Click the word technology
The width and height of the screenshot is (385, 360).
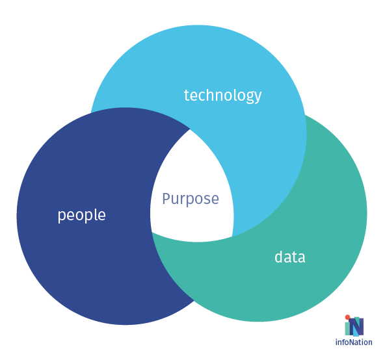click(222, 96)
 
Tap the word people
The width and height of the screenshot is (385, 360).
click(81, 215)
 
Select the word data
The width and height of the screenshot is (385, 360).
click(290, 257)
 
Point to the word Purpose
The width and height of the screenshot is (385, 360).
click(191, 199)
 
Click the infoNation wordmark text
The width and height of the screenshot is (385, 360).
click(354, 342)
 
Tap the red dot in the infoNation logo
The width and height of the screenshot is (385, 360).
click(347, 317)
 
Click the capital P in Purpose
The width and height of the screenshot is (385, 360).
click(166, 199)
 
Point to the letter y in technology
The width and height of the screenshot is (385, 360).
click(257, 97)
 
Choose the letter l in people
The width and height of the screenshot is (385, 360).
click(95, 214)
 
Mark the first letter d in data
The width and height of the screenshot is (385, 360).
click(279, 257)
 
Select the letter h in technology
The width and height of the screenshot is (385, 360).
click(211, 95)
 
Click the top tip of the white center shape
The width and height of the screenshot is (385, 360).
click(191, 129)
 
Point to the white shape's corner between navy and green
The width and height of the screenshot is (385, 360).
click(152, 233)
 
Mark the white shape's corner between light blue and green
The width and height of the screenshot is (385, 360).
click(233, 237)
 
